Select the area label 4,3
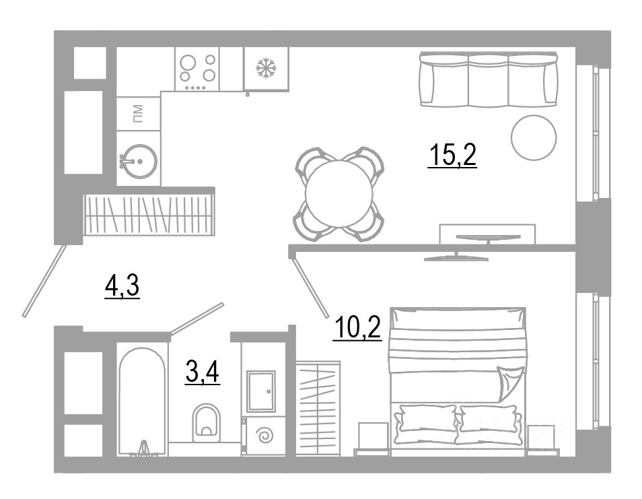[x=122, y=286]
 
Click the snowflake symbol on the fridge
[x=266, y=68]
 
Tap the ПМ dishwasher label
[x=139, y=114]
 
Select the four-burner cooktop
[x=197, y=69]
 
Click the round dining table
[x=339, y=194]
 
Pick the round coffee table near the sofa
[x=534, y=137]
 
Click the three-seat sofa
[x=488, y=79]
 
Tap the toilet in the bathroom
[x=206, y=422]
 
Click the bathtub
[x=142, y=401]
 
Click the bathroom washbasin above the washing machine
[x=261, y=391]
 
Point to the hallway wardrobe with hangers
[x=149, y=213]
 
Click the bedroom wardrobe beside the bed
[x=318, y=409]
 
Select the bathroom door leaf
[x=197, y=318]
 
